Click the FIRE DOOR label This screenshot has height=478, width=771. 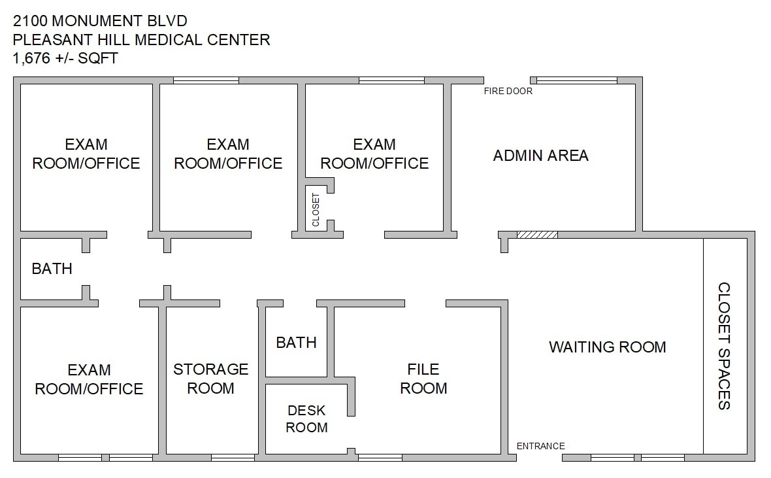point(508,92)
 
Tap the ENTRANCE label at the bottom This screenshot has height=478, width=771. point(540,446)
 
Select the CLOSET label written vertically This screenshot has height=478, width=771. point(316,209)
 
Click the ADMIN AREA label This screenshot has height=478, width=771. point(540,156)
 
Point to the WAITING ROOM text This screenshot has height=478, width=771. point(607,347)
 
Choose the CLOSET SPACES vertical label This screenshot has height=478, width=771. point(724,346)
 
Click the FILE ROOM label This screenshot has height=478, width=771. point(423,379)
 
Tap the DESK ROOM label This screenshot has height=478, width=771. point(307,419)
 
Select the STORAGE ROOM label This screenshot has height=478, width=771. point(210,379)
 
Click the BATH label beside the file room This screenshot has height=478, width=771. point(296,343)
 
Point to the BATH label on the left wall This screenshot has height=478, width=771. point(52,269)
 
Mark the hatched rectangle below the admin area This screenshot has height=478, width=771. point(537,234)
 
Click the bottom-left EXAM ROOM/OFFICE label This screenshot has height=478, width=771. point(89,379)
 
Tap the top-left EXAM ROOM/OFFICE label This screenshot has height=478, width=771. point(86,154)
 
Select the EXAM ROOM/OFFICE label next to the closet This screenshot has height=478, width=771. point(374,154)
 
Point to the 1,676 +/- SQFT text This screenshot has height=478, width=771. point(65,58)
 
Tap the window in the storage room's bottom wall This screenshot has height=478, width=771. point(233,458)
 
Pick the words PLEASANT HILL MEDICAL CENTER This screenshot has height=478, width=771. point(141,40)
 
